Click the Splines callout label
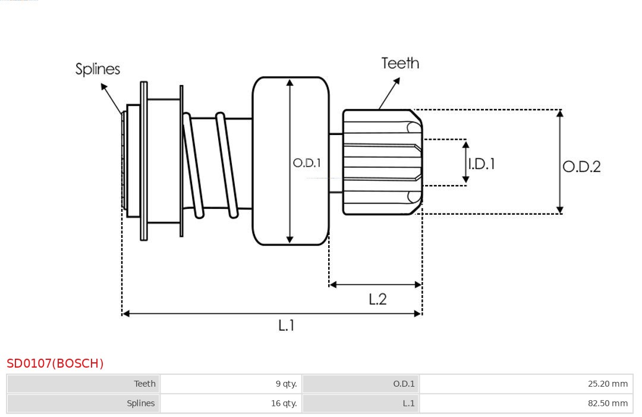click(x=97, y=69)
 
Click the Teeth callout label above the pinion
click(x=400, y=63)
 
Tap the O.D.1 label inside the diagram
click(x=307, y=162)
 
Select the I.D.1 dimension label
click(x=481, y=164)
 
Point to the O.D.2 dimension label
click(x=581, y=167)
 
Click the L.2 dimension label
click(x=377, y=299)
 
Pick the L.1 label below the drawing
click(x=287, y=325)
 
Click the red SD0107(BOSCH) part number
click(x=55, y=363)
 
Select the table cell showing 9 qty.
click(x=231, y=384)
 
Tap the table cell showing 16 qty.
click(x=231, y=403)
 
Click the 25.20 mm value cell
click(x=526, y=384)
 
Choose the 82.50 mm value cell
click(x=526, y=403)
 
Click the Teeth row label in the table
click(x=84, y=384)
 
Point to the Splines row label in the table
click(x=84, y=403)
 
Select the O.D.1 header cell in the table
click(x=361, y=384)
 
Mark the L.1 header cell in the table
click(x=361, y=403)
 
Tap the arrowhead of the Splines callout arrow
click(x=103, y=87)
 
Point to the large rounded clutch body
click(x=291, y=161)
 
